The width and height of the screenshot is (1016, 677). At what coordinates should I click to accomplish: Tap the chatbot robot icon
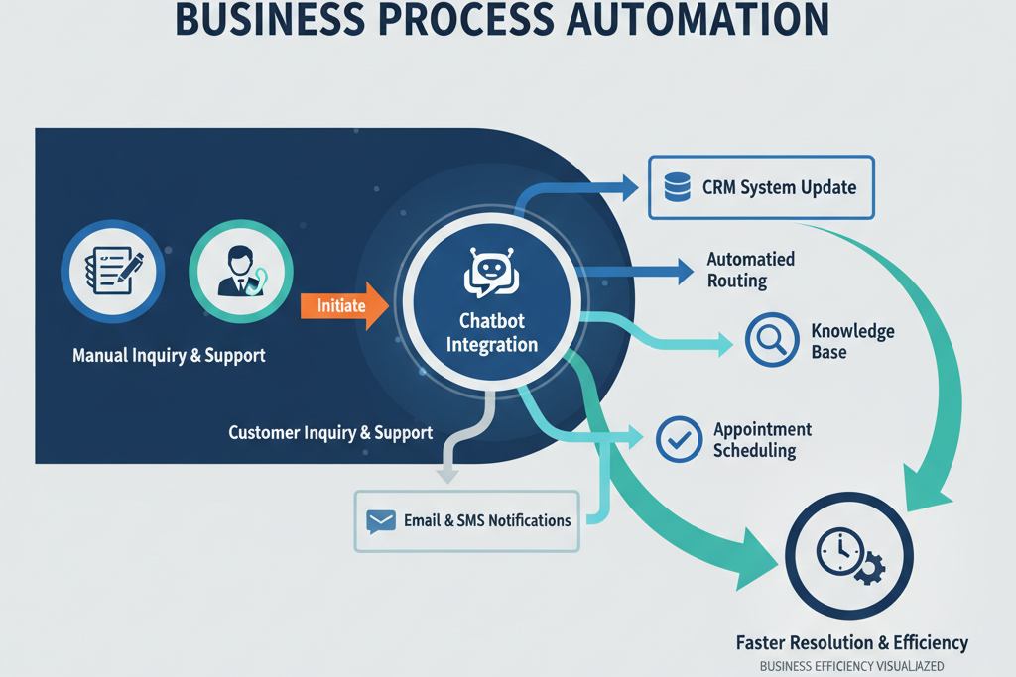coord(492,272)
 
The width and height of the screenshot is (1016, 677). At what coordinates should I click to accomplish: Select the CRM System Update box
coord(761,186)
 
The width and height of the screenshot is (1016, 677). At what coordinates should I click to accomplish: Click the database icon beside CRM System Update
coord(677,186)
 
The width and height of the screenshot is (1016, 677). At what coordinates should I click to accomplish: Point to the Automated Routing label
coord(750,270)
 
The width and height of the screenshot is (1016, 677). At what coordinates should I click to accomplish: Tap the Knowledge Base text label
coord(851,341)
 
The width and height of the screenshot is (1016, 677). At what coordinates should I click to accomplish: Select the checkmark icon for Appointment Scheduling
coord(680,438)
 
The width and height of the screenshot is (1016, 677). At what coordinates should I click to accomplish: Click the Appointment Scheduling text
coord(761,439)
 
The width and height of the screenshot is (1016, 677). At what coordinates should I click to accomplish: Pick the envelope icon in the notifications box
coord(381,520)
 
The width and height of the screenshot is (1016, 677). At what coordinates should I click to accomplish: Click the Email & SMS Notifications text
coord(487,520)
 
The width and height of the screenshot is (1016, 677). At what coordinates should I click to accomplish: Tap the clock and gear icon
coord(848,556)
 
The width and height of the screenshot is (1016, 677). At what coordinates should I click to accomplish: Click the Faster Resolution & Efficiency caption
coord(851,643)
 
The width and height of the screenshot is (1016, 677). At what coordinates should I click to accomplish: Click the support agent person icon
coord(239,270)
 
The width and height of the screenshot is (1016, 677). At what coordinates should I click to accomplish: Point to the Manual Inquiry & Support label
coord(169,355)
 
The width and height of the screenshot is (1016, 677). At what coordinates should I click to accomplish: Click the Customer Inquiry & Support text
coord(330,433)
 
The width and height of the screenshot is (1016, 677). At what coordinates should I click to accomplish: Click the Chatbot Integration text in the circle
coord(492,333)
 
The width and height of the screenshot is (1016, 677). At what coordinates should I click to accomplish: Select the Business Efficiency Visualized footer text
coord(851,667)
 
